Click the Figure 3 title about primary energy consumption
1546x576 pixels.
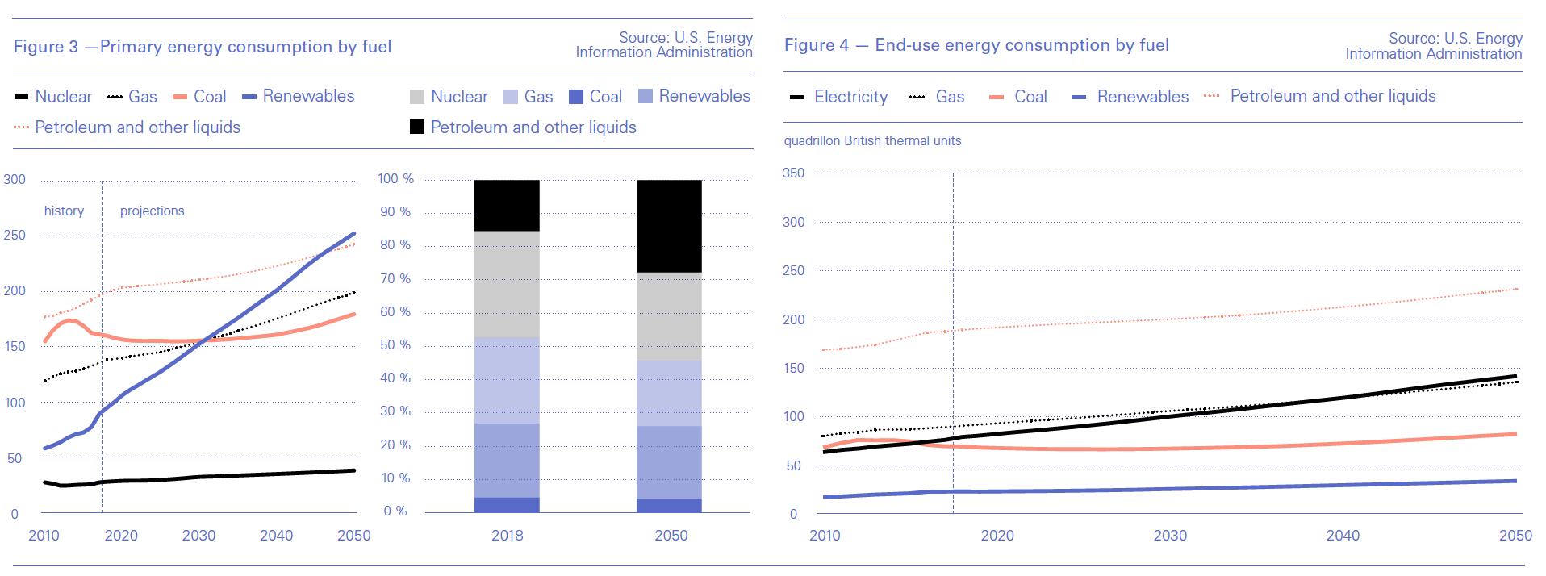(x=203, y=47)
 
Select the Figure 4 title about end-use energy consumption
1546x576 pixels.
(x=976, y=45)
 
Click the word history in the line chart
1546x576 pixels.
(x=64, y=211)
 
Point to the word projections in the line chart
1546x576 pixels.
(x=152, y=211)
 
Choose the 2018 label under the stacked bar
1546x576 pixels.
(x=507, y=535)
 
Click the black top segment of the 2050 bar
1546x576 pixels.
(x=669, y=226)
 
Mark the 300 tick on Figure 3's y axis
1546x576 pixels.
(x=15, y=179)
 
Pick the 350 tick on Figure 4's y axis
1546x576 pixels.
(x=793, y=173)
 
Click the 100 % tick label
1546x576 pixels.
(x=395, y=178)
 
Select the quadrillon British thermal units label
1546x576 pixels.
(x=872, y=140)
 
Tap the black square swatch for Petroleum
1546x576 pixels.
(x=417, y=127)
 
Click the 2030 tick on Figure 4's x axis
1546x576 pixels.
(x=1170, y=535)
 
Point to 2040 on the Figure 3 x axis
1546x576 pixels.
(x=276, y=535)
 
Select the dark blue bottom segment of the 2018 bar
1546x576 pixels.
(x=507, y=505)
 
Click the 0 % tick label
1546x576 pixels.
(x=395, y=511)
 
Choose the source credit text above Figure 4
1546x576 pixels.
(x=1434, y=46)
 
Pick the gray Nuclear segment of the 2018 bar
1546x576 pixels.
(x=507, y=284)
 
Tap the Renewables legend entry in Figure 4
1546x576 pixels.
(x=1143, y=97)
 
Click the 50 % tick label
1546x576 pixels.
(x=395, y=344)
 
